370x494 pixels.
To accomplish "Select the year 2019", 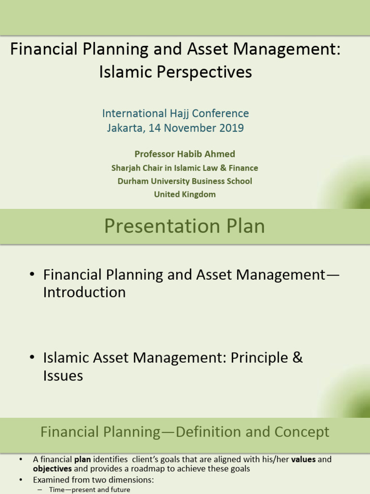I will [229, 128].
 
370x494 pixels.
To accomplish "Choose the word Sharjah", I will [126, 168].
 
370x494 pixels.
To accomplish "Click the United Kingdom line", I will [185, 194].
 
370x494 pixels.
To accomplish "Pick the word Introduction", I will [84, 292].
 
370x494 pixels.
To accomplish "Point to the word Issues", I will [63, 376].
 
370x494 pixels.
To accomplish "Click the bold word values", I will [304, 459].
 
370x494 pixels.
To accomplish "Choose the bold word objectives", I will [52, 468].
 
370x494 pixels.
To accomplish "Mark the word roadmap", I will [151, 468].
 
